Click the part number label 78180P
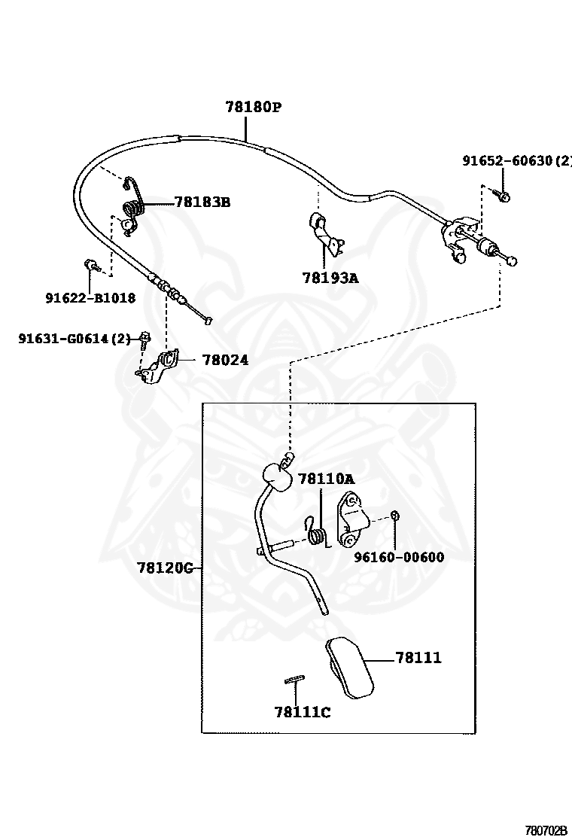click(x=253, y=107)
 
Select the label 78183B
click(x=202, y=202)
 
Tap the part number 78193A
click(x=330, y=278)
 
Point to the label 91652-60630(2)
click(x=516, y=160)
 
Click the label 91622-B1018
click(x=90, y=297)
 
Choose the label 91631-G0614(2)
click(x=75, y=339)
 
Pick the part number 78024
click(x=225, y=361)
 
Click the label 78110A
click(x=325, y=478)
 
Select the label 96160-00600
click(x=399, y=558)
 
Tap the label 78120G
click(x=166, y=567)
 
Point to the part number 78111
click(x=418, y=658)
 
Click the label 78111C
click(x=302, y=712)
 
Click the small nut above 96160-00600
click(x=395, y=516)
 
